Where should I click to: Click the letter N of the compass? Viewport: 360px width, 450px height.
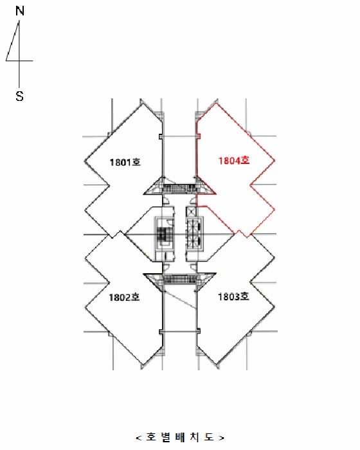[x=19, y=11]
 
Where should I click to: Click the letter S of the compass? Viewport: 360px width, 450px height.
[x=19, y=96]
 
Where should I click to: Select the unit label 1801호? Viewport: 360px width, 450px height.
[x=125, y=162]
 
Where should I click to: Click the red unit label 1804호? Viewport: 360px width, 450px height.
[x=234, y=161]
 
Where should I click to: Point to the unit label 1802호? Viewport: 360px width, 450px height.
[x=124, y=297]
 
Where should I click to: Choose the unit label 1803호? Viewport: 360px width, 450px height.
[x=233, y=296]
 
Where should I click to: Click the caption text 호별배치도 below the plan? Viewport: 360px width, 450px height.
[x=180, y=437]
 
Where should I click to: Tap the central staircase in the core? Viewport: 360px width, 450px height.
[x=165, y=236]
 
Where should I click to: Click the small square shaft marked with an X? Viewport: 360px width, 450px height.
[x=191, y=212]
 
